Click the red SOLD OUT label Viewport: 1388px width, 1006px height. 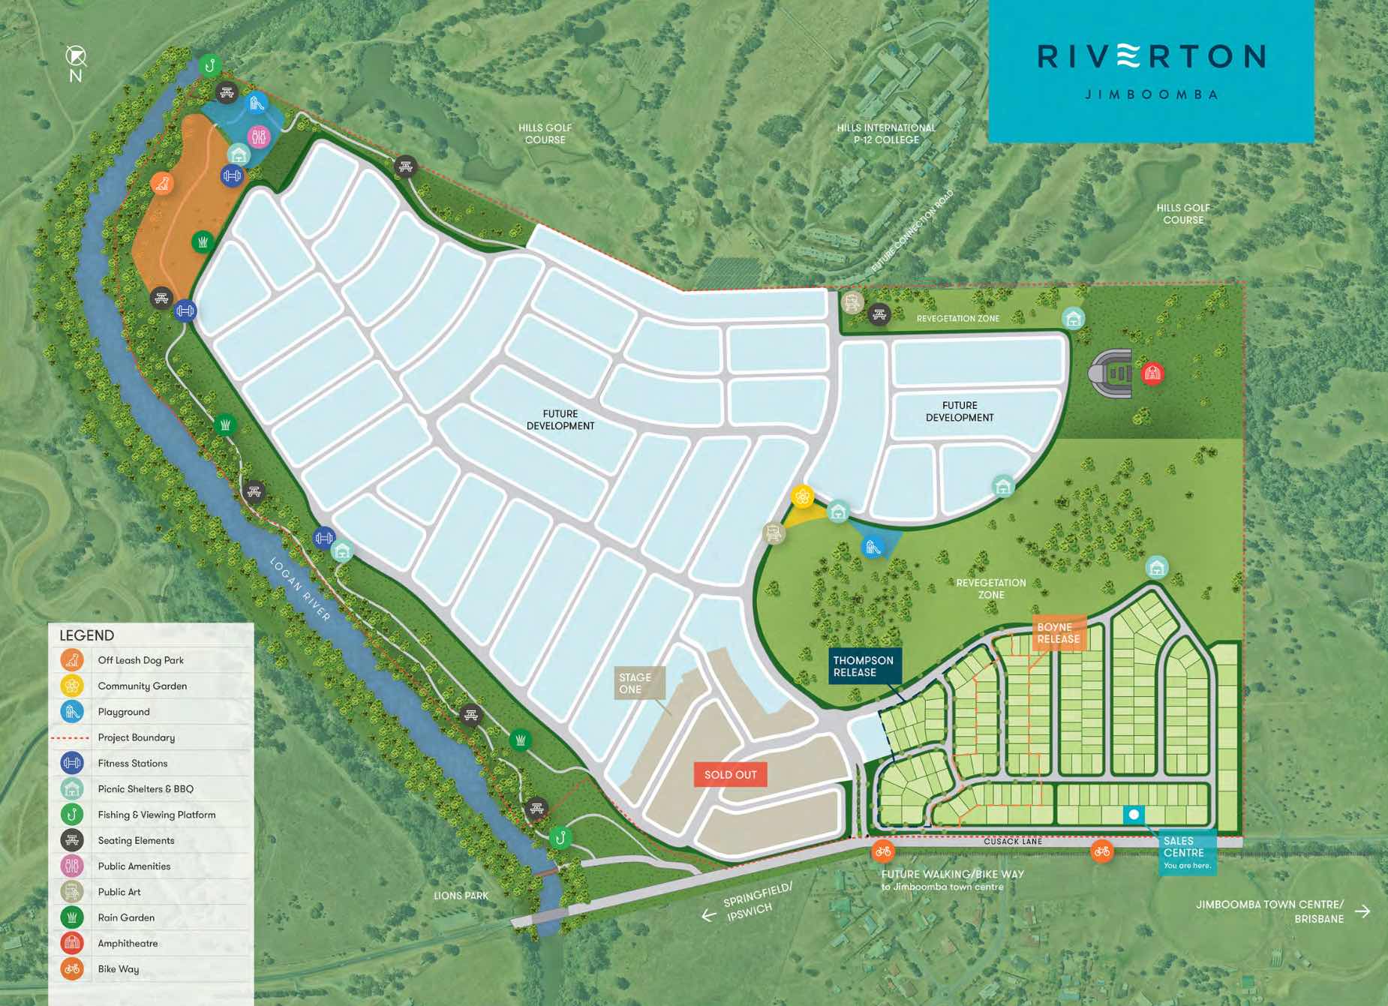pos(730,775)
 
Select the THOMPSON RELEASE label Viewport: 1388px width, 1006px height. pos(864,666)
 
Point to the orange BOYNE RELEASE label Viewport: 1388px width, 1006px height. pos(1058,633)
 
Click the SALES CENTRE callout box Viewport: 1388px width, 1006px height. pos(1185,853)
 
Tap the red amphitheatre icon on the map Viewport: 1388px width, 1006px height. pos(1152,372)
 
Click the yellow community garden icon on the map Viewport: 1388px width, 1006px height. pos(802,496)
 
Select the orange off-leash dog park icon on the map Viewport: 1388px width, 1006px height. pos(161,183)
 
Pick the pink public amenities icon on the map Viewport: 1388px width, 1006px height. pos(259,137)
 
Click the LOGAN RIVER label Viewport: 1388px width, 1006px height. pos(300,589)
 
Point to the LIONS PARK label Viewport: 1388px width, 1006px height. pos(461,896)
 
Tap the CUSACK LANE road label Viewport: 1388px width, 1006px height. pos(1013,842)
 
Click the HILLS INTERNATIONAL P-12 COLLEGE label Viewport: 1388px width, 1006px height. pos(886,134)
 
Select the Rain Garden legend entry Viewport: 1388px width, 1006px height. pos(126,917)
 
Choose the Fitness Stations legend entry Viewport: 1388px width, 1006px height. pos(132,763)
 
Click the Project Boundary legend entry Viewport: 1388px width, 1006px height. pos(136,737)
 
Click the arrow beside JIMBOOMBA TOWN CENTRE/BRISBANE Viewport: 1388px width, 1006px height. pos(1362,911)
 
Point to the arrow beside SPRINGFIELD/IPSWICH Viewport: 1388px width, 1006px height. pos(708,915)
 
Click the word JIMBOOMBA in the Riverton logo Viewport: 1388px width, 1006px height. pos(1151,95)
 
